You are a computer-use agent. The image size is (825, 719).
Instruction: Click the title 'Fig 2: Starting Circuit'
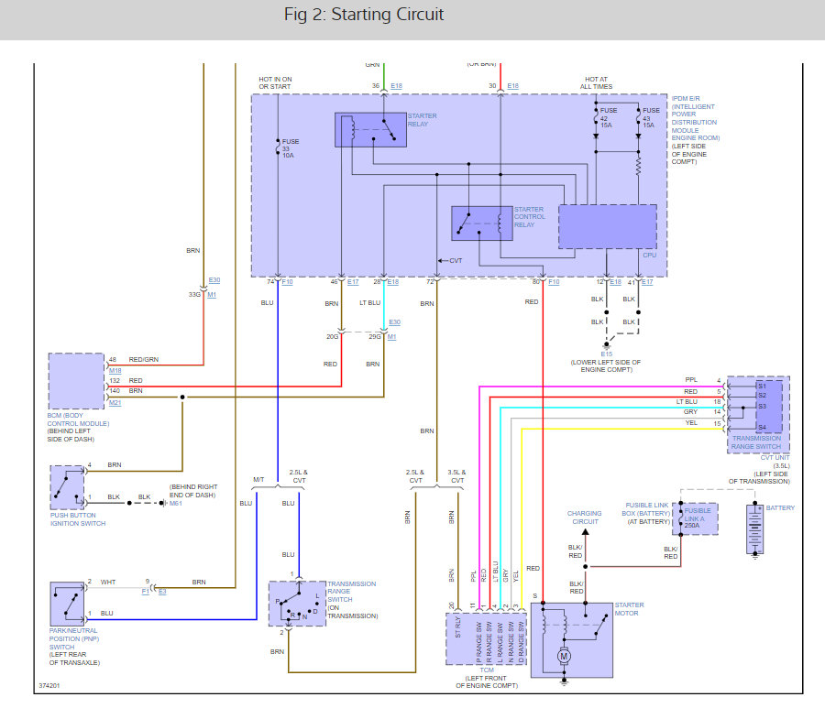click(x=364, y=15)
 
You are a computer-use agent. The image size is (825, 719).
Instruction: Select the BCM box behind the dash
click(x=76, y=381)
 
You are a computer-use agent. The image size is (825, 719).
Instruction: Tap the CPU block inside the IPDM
click(x=607, y=226)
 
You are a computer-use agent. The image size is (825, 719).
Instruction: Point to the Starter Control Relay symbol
click(x=481, y=223)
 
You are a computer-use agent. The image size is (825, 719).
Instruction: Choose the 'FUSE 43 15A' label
click(x=651, y=117)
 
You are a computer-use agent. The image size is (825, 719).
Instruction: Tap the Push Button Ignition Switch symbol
click(x=67, y=486)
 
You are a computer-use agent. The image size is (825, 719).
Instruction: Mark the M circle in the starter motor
click(x=565, y=656)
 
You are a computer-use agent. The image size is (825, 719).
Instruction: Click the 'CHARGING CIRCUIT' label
click(x=584, y=517)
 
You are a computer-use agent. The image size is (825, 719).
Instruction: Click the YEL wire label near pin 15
click(x=690, y=423)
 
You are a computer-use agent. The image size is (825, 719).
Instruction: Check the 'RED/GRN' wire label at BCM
click(x=144, y=359)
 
